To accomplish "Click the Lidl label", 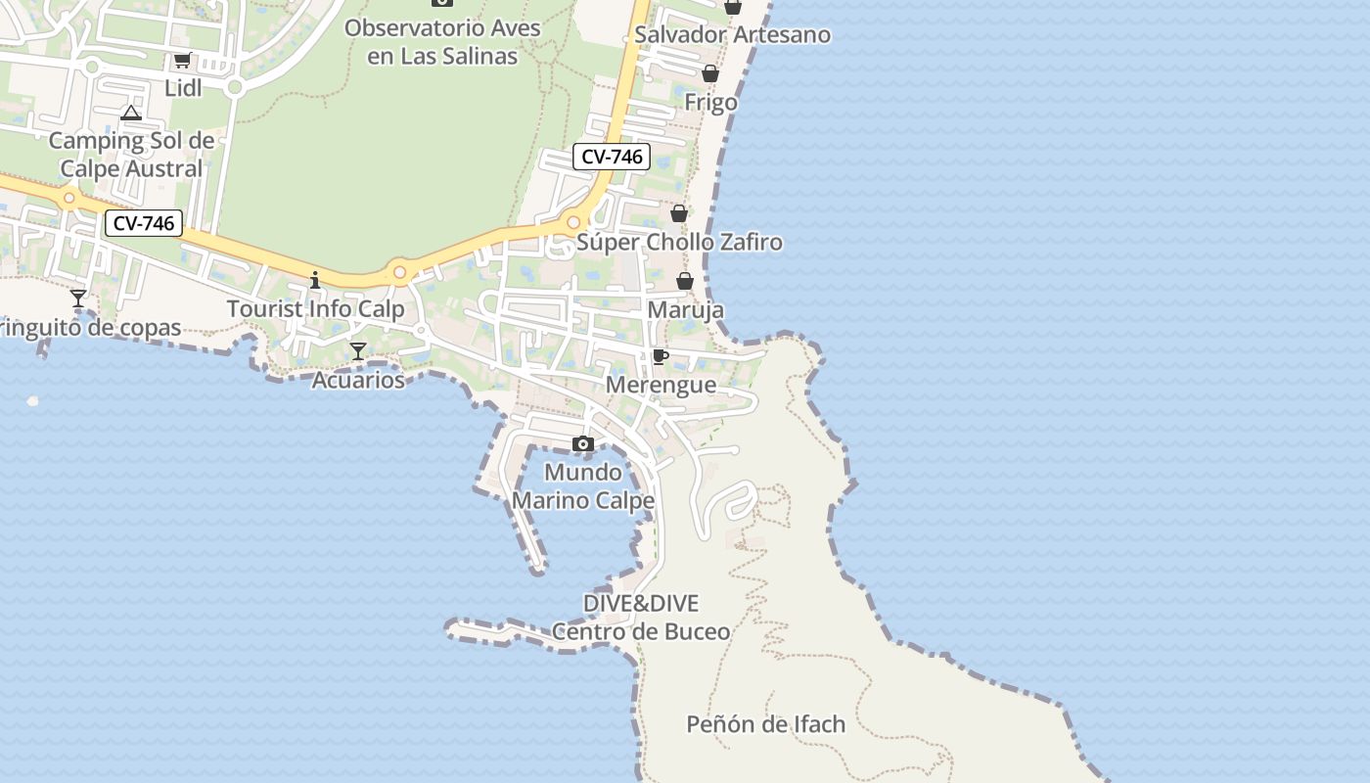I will click(x=183, y=88).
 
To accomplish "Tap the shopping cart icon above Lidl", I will click(x=182, y=61).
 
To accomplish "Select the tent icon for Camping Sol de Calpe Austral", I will click(x=131, y=114).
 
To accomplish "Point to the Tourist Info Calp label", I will click(x=315, y=309).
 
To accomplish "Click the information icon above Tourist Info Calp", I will click(x=315, y=280).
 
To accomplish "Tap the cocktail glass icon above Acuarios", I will click(x=358, y=351).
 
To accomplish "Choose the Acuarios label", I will click(x=358, y=380).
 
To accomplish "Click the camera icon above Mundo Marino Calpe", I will click(x=583, y=444).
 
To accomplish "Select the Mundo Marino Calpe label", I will click(x=583, y=486).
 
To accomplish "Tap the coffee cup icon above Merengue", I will click(x=661, y=356).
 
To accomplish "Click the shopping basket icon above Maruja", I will click(x=685, y=282).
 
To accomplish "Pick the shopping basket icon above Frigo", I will click(x=710, y=74).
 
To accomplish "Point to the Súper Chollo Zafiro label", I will click(x=679, y=242).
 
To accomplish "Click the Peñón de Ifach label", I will click(x=765, y=724).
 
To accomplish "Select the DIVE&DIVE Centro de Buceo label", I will click(x=641, y=618).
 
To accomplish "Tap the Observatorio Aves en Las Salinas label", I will click(x=442, y=42).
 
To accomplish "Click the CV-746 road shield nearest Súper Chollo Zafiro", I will click(x=612, y=157).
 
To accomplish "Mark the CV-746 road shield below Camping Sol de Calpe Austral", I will click(x=144, y=223).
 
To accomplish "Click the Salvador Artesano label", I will click(x=732, y=35).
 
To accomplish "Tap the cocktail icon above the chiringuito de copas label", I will click(x=78, y=299).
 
